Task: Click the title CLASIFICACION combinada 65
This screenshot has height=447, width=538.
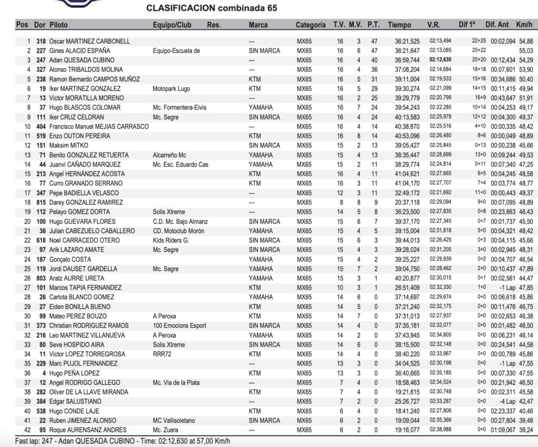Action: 212,8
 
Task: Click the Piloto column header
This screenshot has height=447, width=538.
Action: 58,25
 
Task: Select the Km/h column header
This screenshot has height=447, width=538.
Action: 524,25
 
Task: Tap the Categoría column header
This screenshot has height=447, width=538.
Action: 311,25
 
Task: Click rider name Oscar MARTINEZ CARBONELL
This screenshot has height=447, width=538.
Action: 89,41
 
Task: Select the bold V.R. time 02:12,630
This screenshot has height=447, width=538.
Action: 440,60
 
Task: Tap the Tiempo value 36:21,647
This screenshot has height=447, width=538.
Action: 407,50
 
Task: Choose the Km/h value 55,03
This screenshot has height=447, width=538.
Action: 525,50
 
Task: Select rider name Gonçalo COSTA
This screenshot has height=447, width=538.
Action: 70,259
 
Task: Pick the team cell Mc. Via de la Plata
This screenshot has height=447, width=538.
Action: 176,382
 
